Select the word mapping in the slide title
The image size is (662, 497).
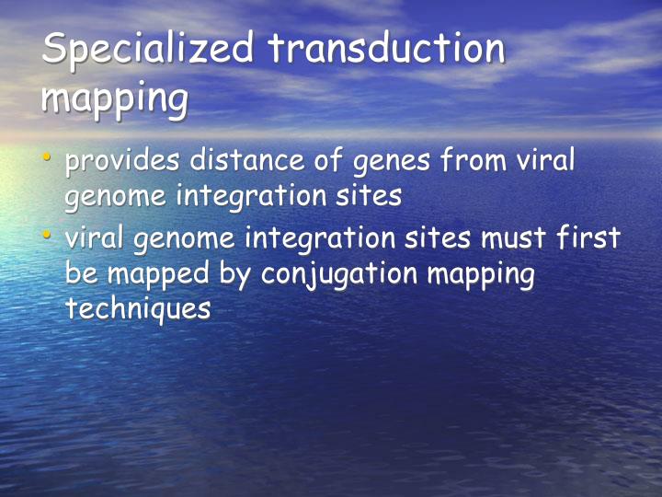tap(114, 98)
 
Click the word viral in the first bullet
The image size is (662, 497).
tap(544, 162)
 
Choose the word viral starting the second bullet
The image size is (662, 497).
tap(95, 239)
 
